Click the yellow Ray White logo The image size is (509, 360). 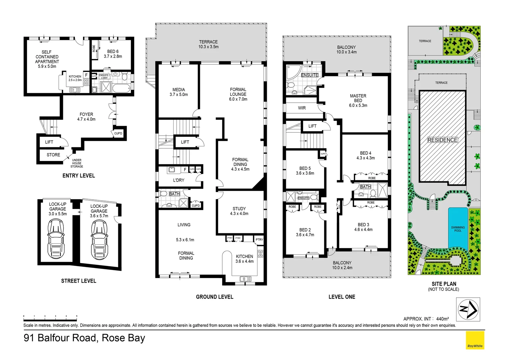[475, 340]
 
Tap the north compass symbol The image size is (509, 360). [468, 309]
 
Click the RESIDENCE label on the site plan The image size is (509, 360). [442, 140]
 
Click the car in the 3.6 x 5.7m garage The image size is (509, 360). [99, 240]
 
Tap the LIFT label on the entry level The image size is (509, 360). [49, 142]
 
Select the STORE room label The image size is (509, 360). [53, 155]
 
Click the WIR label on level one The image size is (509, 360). [302, 108]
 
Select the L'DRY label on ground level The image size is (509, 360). [179, 180]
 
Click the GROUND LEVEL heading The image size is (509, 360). [215, 297]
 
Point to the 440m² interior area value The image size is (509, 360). [442, 319]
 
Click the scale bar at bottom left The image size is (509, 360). [50, 316]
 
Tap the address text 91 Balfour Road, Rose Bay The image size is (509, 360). [84, 338]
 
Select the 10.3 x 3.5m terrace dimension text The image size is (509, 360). [209, 47]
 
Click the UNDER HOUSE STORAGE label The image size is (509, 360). [77, 163]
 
